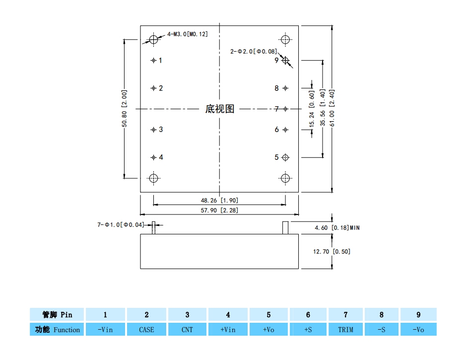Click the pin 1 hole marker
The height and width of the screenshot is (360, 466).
coord(153,61)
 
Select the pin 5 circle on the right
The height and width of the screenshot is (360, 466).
coord(285,157)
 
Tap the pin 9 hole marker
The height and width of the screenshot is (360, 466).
coord(285,61)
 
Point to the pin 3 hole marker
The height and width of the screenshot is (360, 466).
coord(153,130)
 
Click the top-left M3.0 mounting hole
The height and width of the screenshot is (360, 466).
coord(153,39)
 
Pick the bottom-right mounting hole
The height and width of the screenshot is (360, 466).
coord(285,178)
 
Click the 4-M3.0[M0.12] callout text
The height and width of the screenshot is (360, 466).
coord(188,34)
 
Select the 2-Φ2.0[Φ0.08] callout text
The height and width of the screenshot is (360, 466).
coord(253,51)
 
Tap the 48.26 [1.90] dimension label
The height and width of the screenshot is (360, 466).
coord(219,200)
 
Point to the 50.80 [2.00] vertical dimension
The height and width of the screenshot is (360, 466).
coord(125,108)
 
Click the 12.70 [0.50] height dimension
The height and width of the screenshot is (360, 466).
coord(332,251)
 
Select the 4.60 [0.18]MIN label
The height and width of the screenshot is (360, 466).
coord(337,227)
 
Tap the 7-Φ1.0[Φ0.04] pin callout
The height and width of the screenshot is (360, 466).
coord(121,225)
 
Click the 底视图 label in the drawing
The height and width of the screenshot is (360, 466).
coord(219,109)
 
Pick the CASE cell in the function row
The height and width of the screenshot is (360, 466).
coord(146,329)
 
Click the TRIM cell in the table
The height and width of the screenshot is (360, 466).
coord(345,329)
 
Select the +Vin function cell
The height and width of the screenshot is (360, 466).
coord(228,329)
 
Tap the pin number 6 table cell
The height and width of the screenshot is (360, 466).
coord(308,314)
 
